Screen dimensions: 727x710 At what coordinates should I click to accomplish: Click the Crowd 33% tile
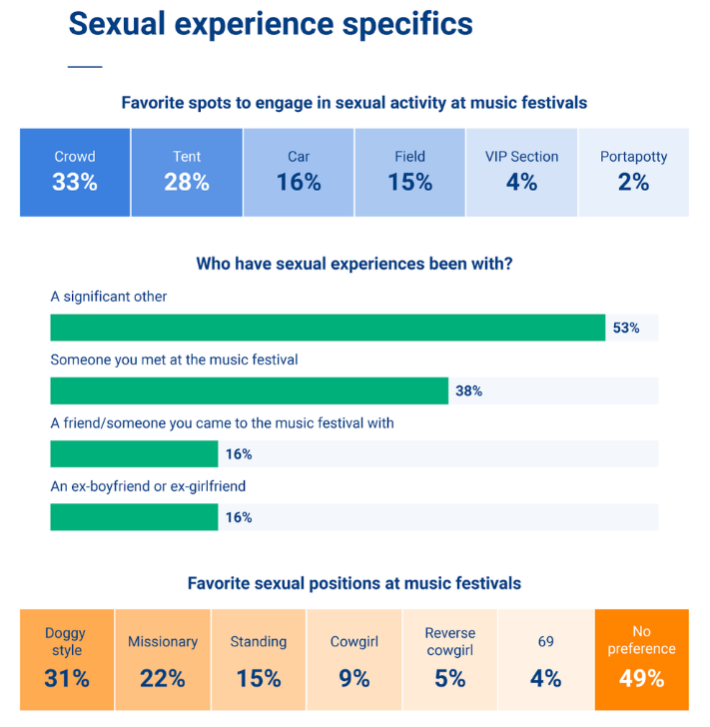pos(75,172)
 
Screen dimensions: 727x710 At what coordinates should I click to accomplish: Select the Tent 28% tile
pos(187,172)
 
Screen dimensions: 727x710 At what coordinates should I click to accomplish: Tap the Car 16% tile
pos(299,172)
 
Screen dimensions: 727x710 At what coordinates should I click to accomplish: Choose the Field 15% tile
pos(409,172)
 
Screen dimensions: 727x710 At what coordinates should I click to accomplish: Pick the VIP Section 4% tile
pos(521,172)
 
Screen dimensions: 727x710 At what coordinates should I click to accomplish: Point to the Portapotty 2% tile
pos(633,172)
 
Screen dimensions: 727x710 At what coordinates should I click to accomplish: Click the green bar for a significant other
pos(328,328)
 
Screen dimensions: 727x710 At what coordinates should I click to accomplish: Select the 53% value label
pos(626,328)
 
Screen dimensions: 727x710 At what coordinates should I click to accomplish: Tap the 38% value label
pos(468,390)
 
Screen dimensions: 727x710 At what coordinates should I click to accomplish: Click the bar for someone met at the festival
pos(249,390)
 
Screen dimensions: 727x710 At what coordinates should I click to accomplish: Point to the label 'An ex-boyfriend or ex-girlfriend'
pos(148,486)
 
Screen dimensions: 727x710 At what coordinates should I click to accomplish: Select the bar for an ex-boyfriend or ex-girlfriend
pos(134,517)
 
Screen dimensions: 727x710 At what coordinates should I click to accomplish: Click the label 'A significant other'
pos(109,297)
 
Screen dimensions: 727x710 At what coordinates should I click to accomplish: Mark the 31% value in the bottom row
pos(67,679)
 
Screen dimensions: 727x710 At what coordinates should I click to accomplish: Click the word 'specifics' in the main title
pos(392,24)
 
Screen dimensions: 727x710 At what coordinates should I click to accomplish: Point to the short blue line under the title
pos(85,67)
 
